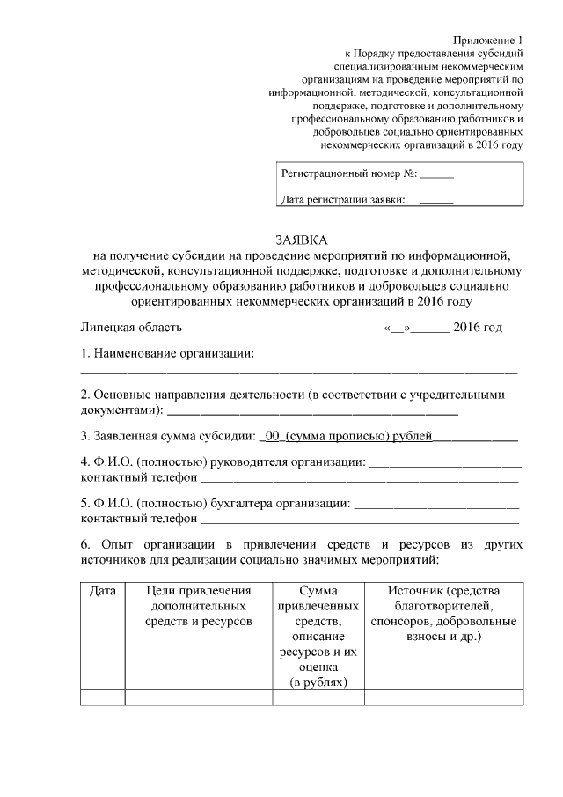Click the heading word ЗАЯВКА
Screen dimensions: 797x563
300,240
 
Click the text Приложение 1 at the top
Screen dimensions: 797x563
488,41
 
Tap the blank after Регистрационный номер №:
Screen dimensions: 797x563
437,174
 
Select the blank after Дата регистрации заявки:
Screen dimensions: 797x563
436,201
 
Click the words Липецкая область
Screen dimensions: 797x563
131,328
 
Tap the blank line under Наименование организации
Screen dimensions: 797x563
299,373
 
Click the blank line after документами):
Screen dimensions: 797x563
312,410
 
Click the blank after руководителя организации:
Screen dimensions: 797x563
444,462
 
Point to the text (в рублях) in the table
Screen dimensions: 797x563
318,682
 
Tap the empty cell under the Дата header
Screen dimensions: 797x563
103,697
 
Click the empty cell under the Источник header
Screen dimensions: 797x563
443,697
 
